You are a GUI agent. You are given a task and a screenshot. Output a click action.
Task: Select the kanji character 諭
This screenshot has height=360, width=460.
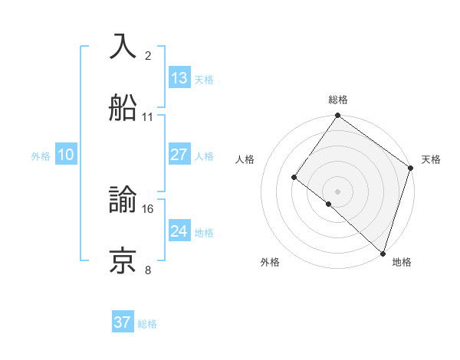point(123,201)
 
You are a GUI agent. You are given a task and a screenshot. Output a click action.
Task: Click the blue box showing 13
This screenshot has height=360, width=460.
point(179,78)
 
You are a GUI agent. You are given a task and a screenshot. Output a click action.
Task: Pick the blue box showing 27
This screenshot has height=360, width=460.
point(179,155)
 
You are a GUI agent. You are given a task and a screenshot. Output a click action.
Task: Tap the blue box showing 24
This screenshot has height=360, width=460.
point(179,231)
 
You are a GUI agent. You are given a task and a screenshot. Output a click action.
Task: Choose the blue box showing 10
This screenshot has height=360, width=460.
point(66,155)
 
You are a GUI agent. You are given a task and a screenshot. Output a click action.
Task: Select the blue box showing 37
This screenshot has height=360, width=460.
point(123,322)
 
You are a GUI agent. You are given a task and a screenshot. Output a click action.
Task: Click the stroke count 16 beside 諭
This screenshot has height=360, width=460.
point(148,208)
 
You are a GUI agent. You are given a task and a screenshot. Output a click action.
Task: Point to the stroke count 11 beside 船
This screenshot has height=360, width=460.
point(148,117)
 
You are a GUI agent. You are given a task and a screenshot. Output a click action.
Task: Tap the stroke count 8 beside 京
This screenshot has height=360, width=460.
point(148,270)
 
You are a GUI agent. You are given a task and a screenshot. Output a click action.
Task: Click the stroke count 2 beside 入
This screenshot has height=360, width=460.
point(148,55)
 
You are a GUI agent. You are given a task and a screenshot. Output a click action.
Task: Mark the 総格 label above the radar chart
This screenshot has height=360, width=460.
point(338,100)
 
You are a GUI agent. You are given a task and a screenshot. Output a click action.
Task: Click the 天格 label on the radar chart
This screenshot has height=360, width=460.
point(431,159)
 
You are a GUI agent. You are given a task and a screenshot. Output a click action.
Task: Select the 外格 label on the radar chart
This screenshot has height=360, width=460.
point(270,262)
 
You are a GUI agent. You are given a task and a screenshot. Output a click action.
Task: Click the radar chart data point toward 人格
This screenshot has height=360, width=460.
point(294,178)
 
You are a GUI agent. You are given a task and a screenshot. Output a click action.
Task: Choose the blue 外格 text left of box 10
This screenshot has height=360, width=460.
point(41,155)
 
